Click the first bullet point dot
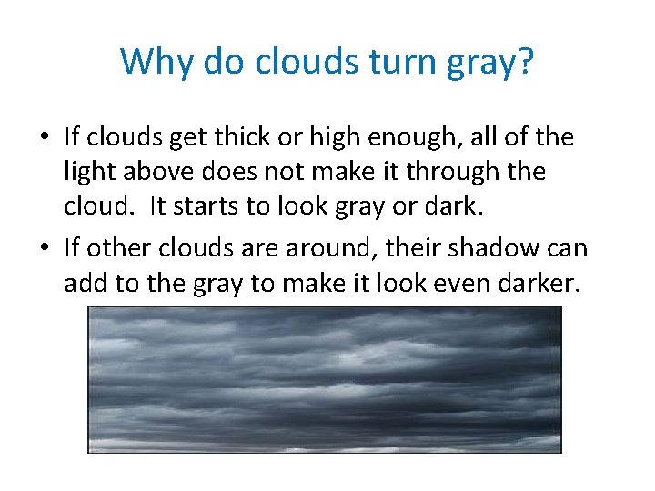pyautogui.click(x=44, y=138)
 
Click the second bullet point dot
pyautogui.click(x=44, y=248)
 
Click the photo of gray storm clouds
pyautogui.click(x=324, y=379)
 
